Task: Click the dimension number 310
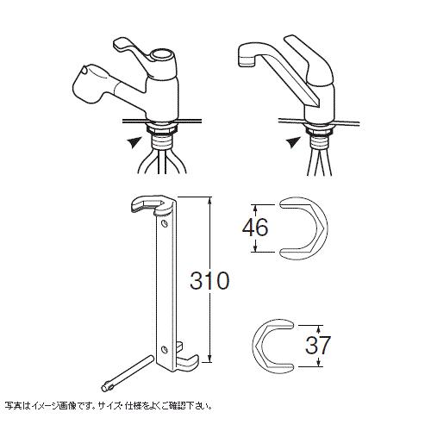click(x=209, y=280)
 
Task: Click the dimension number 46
click(x=255, y=228)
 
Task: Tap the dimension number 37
click(x=318, y=345)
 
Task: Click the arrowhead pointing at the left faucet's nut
click(x=134, y=142)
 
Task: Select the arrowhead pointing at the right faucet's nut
click(x=294, y=142)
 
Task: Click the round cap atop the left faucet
click(x=162, y=54)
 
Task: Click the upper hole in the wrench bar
click(x=164, y=223)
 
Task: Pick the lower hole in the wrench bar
click(x=164, y=349)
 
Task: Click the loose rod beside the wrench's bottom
click(x=127, y=373)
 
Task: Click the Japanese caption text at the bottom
click(x=109, y=406)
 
